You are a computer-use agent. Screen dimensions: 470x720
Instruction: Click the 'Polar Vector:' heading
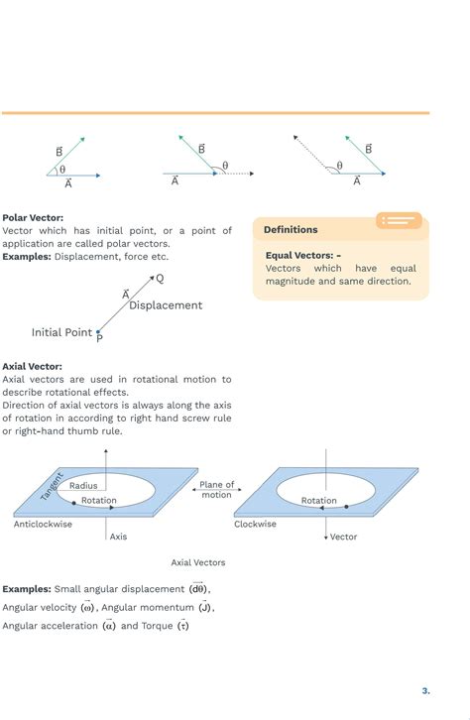click(x=33, y=217)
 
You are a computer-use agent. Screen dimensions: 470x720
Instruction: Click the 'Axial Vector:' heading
click(x=32, y=366)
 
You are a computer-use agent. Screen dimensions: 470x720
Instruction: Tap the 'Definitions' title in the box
click(x=291, y=230)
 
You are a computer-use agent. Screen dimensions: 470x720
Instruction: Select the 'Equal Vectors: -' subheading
click(x=302, y=255)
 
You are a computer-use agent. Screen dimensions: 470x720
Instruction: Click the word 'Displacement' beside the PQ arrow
click(x=166, y=305)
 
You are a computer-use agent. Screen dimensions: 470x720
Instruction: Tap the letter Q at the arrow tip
click(x=161, y=279)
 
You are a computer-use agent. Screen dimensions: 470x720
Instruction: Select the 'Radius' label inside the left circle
click(x=83, y=486)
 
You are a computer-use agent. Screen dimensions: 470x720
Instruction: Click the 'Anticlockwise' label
click(x=43, y=525)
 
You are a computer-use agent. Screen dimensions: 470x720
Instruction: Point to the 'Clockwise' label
click(x=256, y=525)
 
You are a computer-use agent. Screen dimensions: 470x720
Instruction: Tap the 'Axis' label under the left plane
click(x=118, y=538)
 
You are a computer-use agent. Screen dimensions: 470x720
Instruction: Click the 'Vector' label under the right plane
click(x=343, y=538)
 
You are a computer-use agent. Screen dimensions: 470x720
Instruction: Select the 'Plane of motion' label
click(x=216, y=490)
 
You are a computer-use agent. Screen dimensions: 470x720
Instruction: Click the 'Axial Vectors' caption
click(x=198, y=562)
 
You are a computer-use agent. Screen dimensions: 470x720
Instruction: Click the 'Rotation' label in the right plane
click(x=319, y=501)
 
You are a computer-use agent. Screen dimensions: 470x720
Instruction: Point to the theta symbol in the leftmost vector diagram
click(x=62, y=170)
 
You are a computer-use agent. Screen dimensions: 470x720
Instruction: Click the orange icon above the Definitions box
click(x=399, y=220)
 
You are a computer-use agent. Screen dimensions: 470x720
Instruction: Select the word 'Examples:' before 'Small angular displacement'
click(x=27, y=589)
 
